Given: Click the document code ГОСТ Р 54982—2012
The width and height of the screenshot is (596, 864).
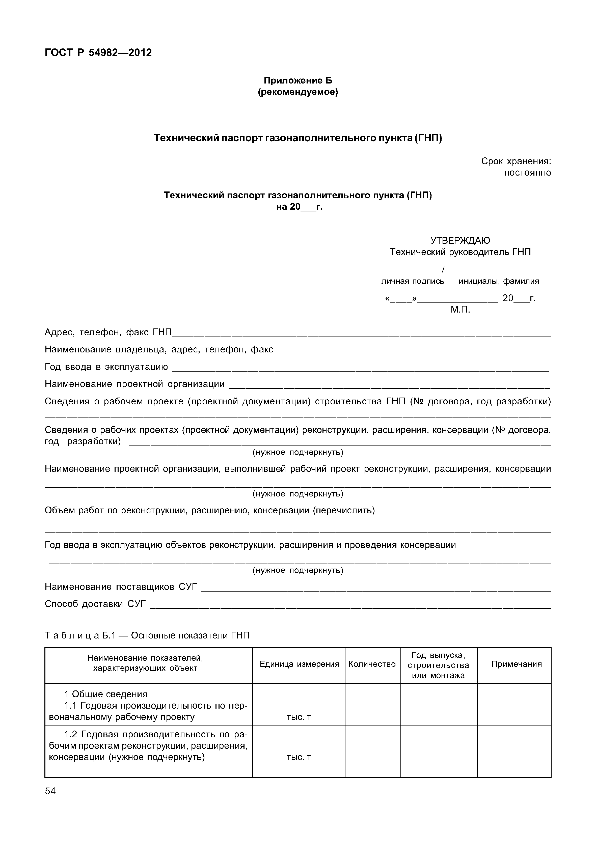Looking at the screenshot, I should pyautogui.click(x=98, y=53).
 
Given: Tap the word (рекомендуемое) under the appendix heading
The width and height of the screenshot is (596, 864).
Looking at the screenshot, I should pyautogui.click(x=298, y=92).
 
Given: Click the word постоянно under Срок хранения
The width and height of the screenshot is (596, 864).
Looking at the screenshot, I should pyautogui.click(x=527, y=173).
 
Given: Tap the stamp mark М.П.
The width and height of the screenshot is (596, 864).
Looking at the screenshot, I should pyautogui.click(x=460, y=310).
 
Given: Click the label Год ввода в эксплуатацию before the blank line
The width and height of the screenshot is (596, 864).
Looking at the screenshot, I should pyautogui.click(x=106, y=367).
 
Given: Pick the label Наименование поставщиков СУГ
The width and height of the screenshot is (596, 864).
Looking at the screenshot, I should pyautogui.click(x=121, y=587).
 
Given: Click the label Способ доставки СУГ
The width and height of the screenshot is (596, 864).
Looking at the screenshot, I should pyautogui.click(x=95, y=604).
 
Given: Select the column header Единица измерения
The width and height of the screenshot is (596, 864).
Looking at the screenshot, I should pyautogui.click(x=299, y=664).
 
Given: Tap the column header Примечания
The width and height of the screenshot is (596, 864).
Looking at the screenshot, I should pyautogui.click(x=516, y=664).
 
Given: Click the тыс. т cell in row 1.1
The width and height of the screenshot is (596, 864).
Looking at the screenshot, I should pyautogui.click(x=299, y=717).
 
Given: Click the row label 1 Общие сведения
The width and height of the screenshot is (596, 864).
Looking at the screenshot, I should pyautogui.click(x=106, y=694).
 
